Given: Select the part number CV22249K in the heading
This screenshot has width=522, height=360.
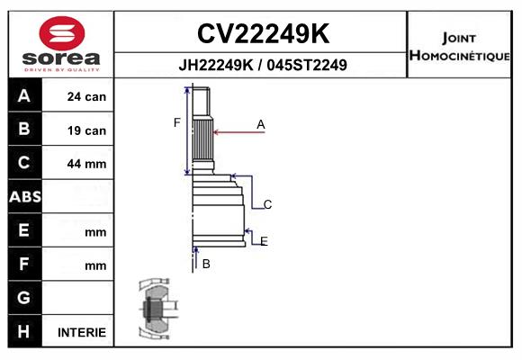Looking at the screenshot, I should pos(262,34).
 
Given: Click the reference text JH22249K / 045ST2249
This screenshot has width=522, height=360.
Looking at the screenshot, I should pos(263,66).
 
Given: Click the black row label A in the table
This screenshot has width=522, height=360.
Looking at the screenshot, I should pos(23,96).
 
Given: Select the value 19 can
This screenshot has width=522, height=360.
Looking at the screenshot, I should pos(86,130).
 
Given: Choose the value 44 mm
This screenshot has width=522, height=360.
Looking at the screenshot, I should pos(86,164).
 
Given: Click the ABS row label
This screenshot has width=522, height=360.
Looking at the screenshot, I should pos(23,197).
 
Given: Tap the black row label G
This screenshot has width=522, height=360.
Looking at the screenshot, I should pos(23,297).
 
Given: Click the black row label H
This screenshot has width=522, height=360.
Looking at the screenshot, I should pos(23,331).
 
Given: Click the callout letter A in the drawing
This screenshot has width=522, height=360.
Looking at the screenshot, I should pos(260,124).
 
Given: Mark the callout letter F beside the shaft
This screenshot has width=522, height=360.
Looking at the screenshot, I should pos(177,122).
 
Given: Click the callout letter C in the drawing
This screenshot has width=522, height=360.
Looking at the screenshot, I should pos(267,205).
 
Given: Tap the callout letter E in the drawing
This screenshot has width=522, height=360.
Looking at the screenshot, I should pos(263,240).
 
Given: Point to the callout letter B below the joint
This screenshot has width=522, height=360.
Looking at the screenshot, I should pos(206,264).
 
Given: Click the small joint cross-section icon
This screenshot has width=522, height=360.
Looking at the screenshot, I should pos(156,309).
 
